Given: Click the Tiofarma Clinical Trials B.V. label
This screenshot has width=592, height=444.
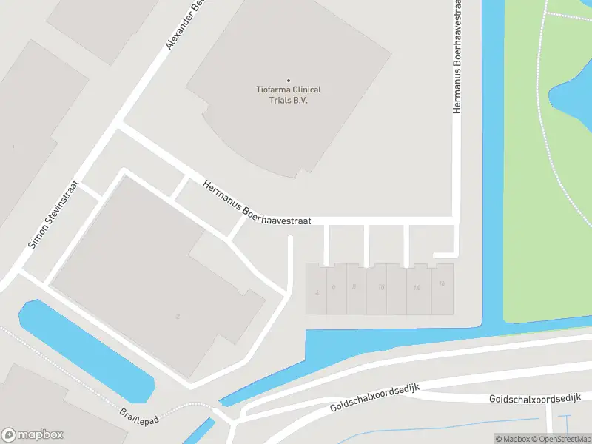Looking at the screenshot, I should [289, 95].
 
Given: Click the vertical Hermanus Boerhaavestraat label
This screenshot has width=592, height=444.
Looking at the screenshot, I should [457, 58].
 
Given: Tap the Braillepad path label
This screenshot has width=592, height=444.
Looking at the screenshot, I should [139, 414].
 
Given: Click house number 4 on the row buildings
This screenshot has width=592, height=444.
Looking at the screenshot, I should [317, 292].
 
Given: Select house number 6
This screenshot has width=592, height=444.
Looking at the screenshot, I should [334, 287].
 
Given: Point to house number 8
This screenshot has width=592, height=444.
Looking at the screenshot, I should [354, 287].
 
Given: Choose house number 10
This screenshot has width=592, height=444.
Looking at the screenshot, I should [380, 287].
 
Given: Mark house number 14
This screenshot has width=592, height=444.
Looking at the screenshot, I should [417, 287].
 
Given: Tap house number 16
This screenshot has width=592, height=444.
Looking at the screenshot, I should [442, 284].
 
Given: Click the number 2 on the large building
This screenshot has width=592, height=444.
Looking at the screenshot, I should [178, 317].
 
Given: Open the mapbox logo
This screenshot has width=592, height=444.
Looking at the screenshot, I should [33, 435].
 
